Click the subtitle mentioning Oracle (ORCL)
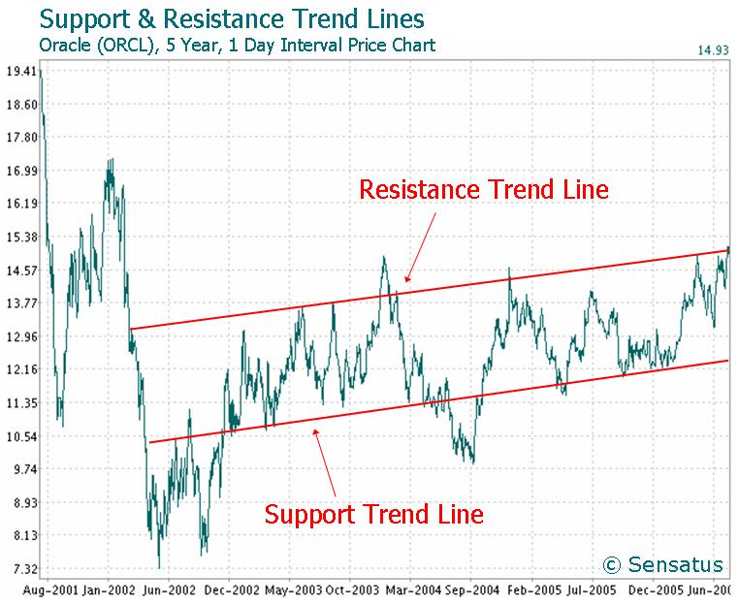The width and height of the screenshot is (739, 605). [x=237, y=45]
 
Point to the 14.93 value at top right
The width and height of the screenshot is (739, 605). [x=711, y=50]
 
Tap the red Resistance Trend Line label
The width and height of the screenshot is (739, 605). [x=483, y=189]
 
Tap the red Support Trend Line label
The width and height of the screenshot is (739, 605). [x=373, y=513]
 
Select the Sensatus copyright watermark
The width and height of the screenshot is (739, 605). [x=662, y=564]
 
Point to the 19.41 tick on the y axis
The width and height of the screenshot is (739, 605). [x=20, y=72]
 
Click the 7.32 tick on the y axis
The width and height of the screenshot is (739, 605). [x=20, y=568]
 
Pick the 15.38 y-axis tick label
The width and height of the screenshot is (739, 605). [x=20, y=238]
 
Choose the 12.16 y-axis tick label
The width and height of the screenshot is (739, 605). [x=20, y=369]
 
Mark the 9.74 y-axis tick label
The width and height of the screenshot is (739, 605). [x=20, y=469]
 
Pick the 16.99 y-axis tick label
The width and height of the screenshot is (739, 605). [x=20, y=172]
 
